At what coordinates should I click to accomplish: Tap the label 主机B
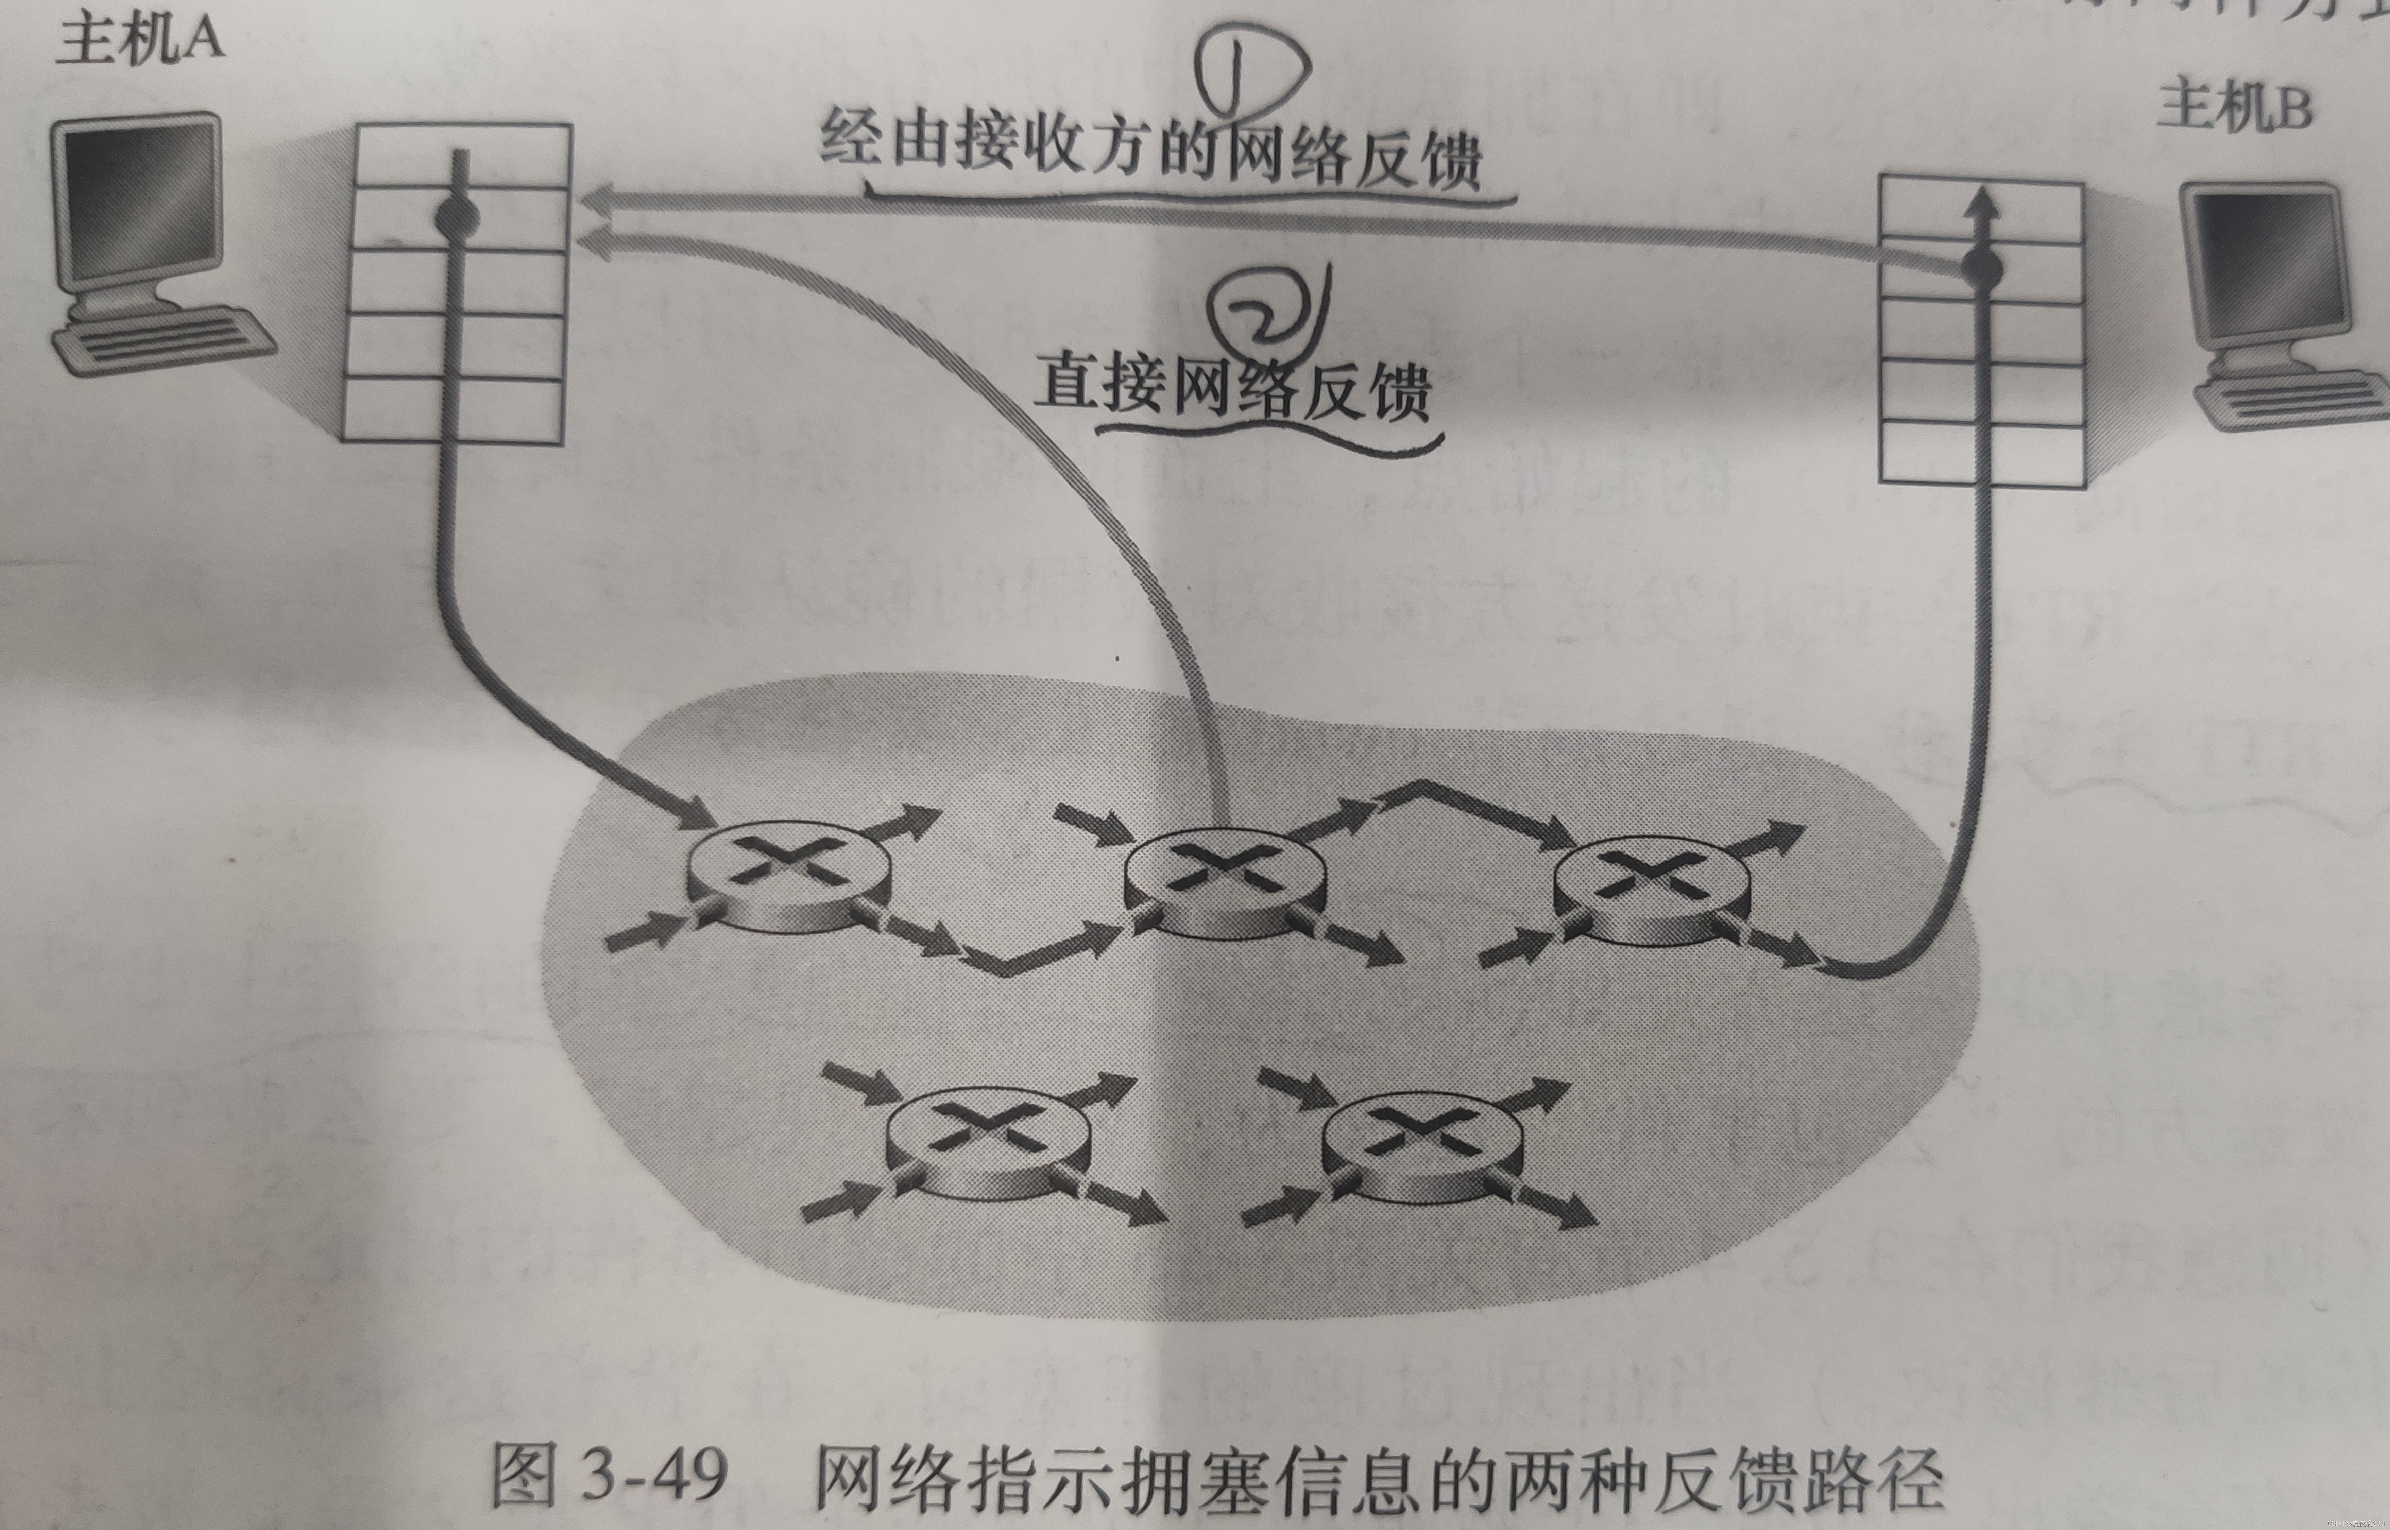[2234, 107]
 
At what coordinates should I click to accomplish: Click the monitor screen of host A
[139, 204]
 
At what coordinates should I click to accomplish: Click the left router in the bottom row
[987, 1143]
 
